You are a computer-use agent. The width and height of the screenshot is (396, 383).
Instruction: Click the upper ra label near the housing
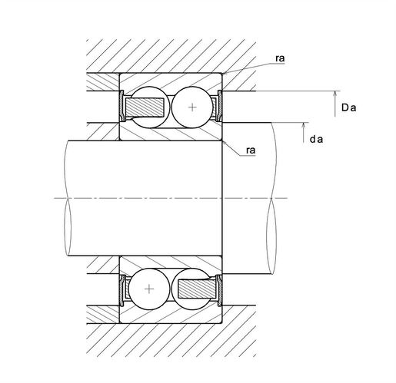point(280,58)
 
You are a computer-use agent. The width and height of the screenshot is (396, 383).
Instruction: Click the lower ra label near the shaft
point(251,150)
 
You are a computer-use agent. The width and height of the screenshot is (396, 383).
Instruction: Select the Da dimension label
point(348,107)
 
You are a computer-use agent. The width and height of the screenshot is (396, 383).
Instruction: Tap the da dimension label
point(316,139)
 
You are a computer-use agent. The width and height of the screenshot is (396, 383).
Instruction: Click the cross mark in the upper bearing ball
point(192,107)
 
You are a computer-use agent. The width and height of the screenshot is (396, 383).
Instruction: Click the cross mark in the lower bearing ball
point(149,289)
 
